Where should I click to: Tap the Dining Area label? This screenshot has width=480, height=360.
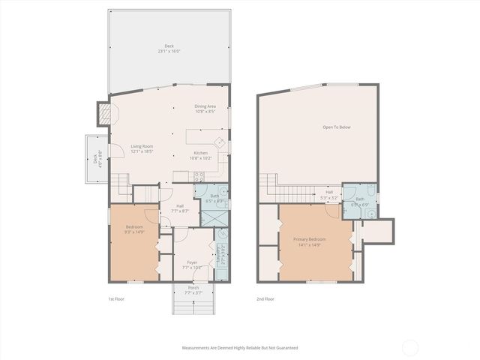(x=205, y=109)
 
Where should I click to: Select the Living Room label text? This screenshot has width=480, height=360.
(x=142, y=148)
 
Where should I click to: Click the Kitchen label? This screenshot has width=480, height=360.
(x=200, y=155)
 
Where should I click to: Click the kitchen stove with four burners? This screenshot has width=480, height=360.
(x=199, y=178)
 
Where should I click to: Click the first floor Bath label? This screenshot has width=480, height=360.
(x=214, y=198)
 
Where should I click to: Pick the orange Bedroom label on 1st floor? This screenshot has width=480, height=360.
(x=135, y=229)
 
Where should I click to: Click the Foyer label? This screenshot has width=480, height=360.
(x=193, y=265)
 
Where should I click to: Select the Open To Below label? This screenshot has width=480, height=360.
(x=337, y=127)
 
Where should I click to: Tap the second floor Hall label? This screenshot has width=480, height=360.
(x=329, y=194)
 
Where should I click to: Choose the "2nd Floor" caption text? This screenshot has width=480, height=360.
(x=265, y=299)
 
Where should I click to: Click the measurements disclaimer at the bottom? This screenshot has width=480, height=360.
(x=240, y=348)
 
